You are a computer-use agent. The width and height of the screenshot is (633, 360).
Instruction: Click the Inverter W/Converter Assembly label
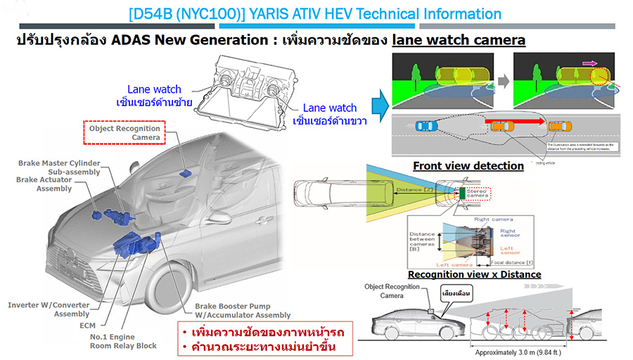(48, 309)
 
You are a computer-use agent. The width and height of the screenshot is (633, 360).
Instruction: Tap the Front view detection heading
(468, 166)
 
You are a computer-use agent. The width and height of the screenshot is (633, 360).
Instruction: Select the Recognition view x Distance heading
(474, 274)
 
